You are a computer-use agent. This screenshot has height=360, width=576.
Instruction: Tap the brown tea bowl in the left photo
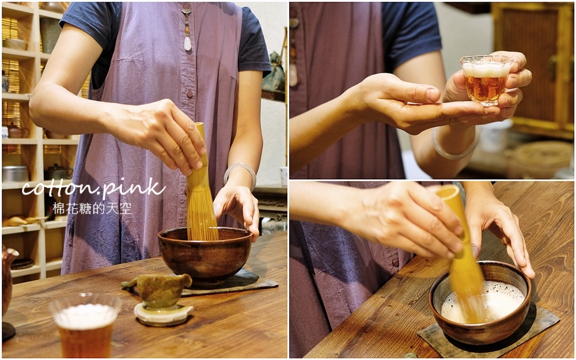pos(205,256)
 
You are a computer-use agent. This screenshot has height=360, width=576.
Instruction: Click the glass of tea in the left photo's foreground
pos(86,325)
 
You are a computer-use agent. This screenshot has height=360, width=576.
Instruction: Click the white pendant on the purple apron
pos(187,43)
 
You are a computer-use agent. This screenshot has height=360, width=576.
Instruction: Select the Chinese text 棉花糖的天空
pos(92,209)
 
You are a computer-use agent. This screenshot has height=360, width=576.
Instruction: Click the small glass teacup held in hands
pos(484,79)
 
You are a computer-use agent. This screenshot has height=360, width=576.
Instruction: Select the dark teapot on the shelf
pos(58,172)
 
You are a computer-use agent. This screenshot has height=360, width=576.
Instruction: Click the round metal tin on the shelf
pos(15,174)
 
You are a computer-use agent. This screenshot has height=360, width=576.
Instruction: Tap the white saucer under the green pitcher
pos(163,314)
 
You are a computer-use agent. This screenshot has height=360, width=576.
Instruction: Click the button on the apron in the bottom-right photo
pos(395,263)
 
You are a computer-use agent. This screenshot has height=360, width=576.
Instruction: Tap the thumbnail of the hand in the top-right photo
pos(433,95)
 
